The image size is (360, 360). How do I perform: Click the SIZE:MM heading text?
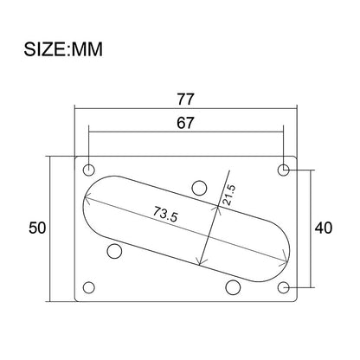[63, 49]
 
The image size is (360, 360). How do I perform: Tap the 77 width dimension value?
[185, 100]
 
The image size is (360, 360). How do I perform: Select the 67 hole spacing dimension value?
[185, 123]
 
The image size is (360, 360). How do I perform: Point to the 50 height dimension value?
[37, 228]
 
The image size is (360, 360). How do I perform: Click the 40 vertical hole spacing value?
[324, 228]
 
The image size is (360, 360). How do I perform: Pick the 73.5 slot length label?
[165, 214]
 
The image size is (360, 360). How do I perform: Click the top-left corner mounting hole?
[89, 170]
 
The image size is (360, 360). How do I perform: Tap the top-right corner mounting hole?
[284, 170]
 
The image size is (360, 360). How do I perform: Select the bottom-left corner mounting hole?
[89, 287]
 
